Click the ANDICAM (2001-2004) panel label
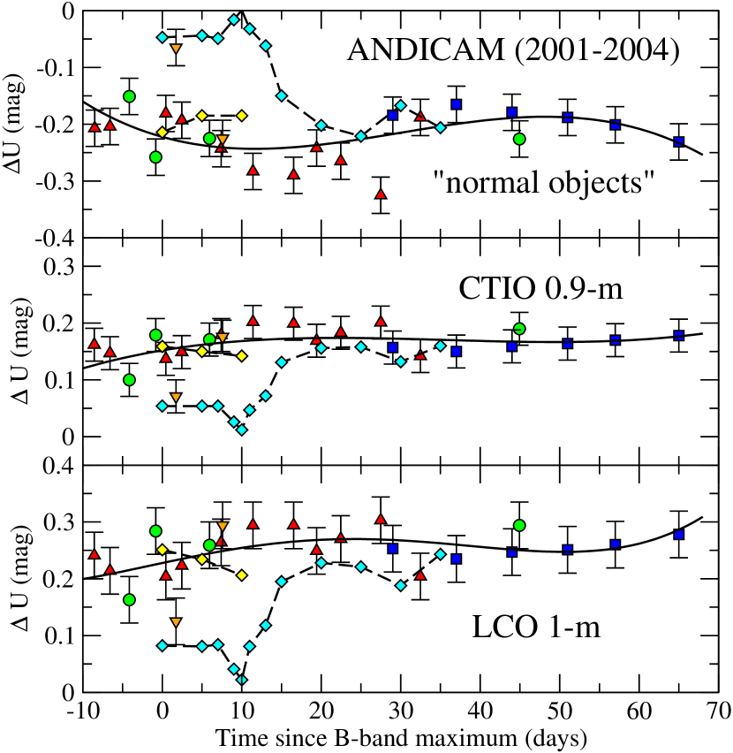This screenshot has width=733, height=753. click(513, 49)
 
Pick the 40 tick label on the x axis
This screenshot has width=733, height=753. click(477, 711)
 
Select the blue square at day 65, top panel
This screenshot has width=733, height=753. click(679, 141)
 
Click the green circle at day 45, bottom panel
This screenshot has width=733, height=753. click(519, 526)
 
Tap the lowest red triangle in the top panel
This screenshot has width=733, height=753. click(381, 194)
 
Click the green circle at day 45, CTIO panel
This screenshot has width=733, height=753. click(519, 329)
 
